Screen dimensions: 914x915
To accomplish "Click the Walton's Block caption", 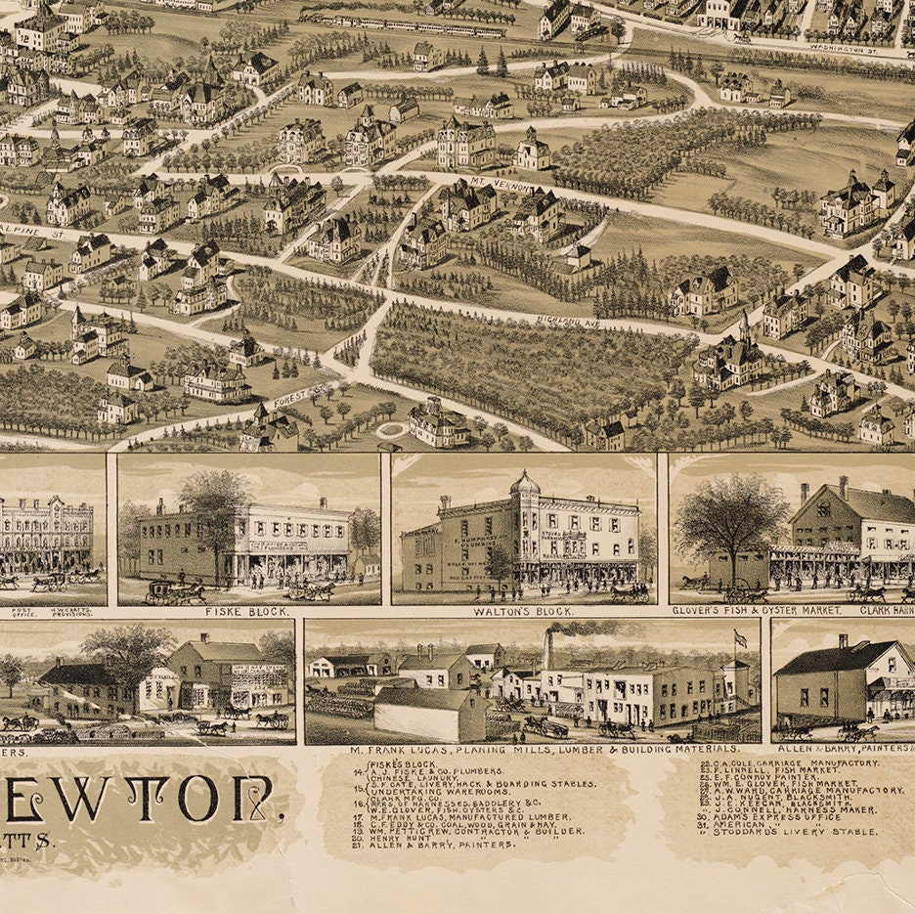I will [523, 612].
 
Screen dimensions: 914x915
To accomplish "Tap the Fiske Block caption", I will [247, 612].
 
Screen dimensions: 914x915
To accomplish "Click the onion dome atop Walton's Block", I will [525, 482].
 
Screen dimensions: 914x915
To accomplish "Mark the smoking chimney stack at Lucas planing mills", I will [548, 648].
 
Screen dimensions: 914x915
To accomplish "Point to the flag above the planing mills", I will [740, 639].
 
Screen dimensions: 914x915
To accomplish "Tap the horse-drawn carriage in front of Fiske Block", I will [176, 591].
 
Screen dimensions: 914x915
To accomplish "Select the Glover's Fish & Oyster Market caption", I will [757, 610].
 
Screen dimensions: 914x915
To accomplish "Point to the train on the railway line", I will [401, 24].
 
